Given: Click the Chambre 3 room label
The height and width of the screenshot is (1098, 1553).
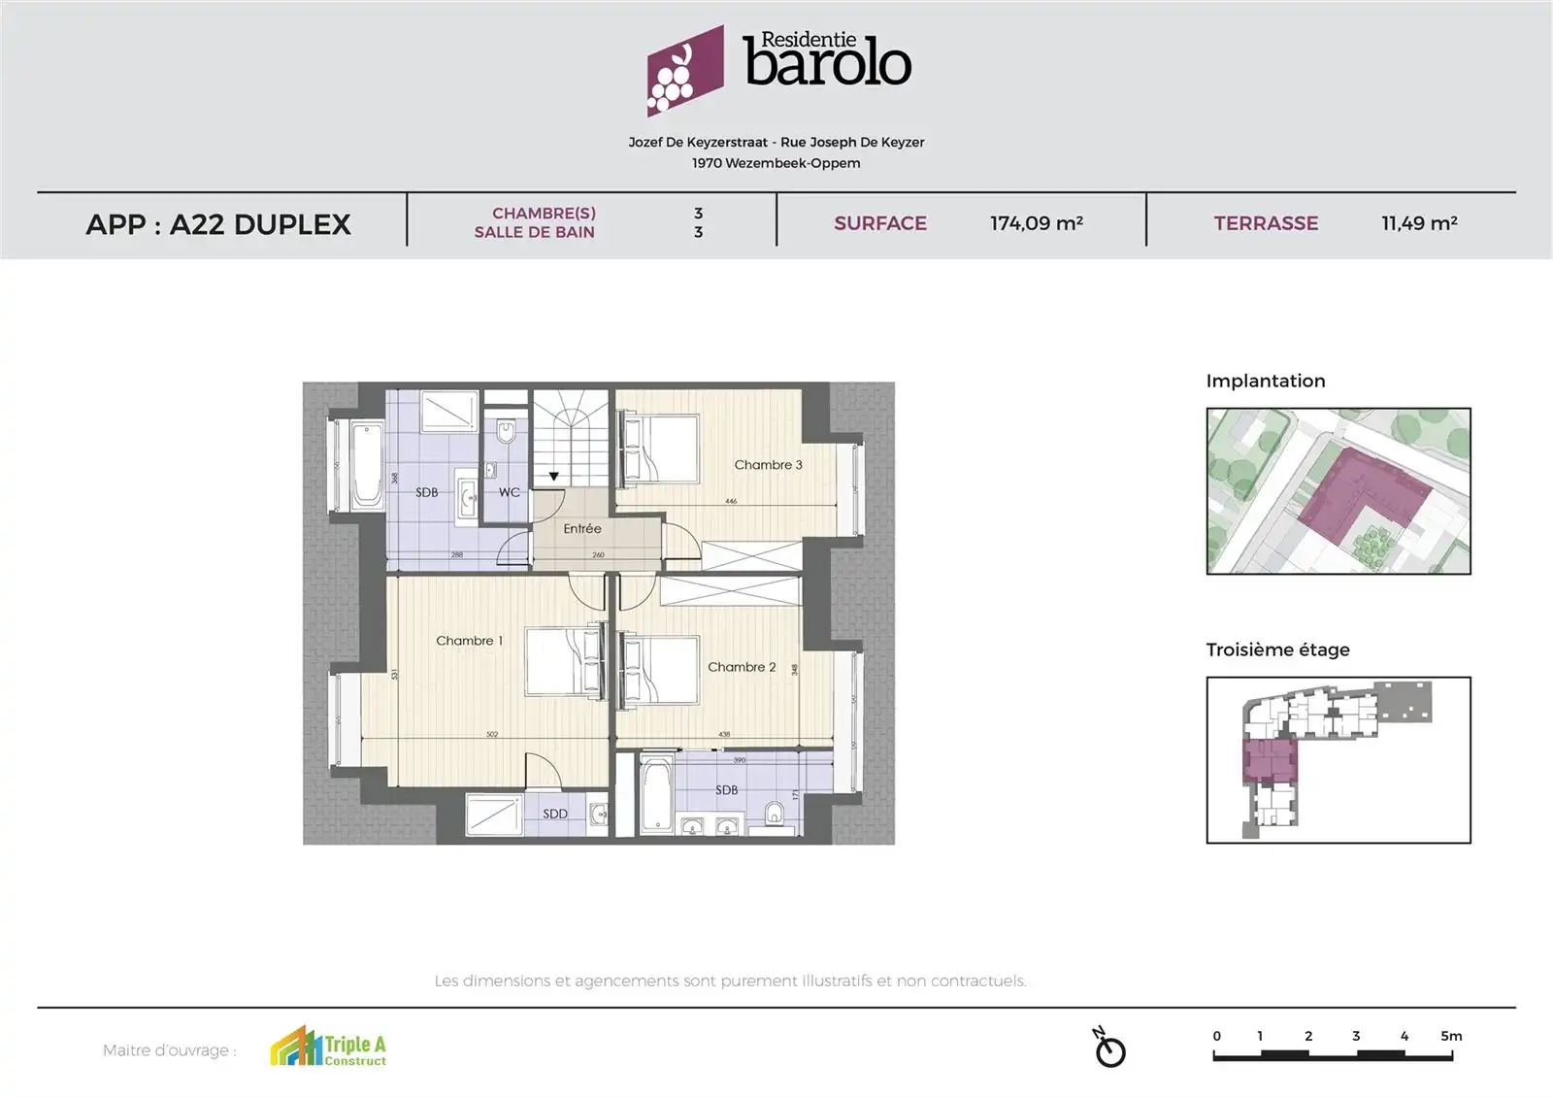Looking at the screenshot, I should coord(768,465).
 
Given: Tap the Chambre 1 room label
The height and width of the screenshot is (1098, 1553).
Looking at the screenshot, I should coord(469,641).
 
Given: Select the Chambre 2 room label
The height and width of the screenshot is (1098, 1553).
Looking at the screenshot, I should coord(742,667).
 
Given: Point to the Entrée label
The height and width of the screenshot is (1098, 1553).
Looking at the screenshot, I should coord(582,529).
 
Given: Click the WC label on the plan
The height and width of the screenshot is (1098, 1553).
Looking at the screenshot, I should coord(510,492).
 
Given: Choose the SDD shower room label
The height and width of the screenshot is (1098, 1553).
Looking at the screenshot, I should coord(555,814).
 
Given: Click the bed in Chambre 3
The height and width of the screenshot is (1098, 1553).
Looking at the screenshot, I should coord(662,449).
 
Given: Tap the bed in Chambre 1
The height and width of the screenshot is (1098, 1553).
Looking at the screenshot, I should coord(562,661).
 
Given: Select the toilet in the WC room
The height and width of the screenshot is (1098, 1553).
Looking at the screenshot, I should coord(506,430).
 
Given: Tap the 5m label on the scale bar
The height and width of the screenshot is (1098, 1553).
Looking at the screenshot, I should coord(1451,1036).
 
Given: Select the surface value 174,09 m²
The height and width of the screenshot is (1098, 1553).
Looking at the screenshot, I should coord(1036,223).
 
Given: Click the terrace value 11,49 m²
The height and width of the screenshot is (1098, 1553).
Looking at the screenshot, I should coord(1419,223).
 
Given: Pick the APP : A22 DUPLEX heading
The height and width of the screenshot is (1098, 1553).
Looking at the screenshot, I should coord(218,224).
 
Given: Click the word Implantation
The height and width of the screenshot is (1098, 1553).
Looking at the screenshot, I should coord(1265,381).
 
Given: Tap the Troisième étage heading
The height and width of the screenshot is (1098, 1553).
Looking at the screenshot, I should coord(1277,649).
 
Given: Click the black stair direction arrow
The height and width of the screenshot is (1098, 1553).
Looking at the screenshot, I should coord(554,477).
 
